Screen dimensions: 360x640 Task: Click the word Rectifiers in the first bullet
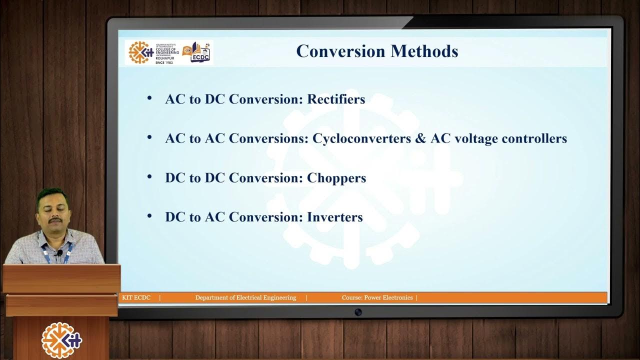pyautogui.click(x=336, y=99)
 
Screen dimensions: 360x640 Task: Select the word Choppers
pyautogui.click(x=336, y=178)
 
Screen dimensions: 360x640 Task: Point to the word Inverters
pyautogui.click(x=334, y=217)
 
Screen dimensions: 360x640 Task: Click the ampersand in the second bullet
pyautogui.click(x=420, y=138)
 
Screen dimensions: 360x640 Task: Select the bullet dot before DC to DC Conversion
pyautogui.click(x=149, y=177)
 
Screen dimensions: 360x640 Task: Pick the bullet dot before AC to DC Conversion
pyautogui.click(x=149, y=98)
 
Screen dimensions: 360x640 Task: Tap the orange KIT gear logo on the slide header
pyautogui.click(x=140, y=52)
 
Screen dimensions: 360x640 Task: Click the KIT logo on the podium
pyautogui.click(x=61, y=340)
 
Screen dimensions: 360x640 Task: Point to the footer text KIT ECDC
pyautogui.click(x=136, y=297)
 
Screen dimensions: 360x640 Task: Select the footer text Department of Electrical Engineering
pyautogui.click(x=245, y=297)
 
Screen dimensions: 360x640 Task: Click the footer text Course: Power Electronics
pyautogui.click(x=377, y=297)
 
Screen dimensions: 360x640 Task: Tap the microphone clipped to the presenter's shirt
pyautogui.click(x=59, y=253)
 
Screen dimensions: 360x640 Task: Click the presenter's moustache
pyautogui.click(x=55, y=219)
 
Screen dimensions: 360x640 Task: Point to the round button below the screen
pyautogui.click(x=358, y=312)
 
